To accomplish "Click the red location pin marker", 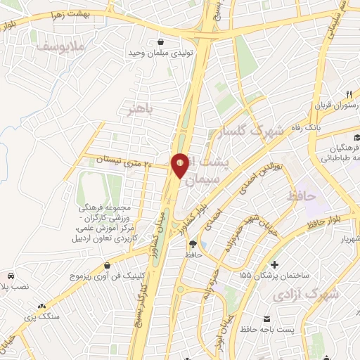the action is point(180,165).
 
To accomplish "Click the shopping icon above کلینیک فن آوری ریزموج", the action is point(106,266).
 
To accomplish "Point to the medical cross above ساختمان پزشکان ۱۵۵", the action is point(265,262).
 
